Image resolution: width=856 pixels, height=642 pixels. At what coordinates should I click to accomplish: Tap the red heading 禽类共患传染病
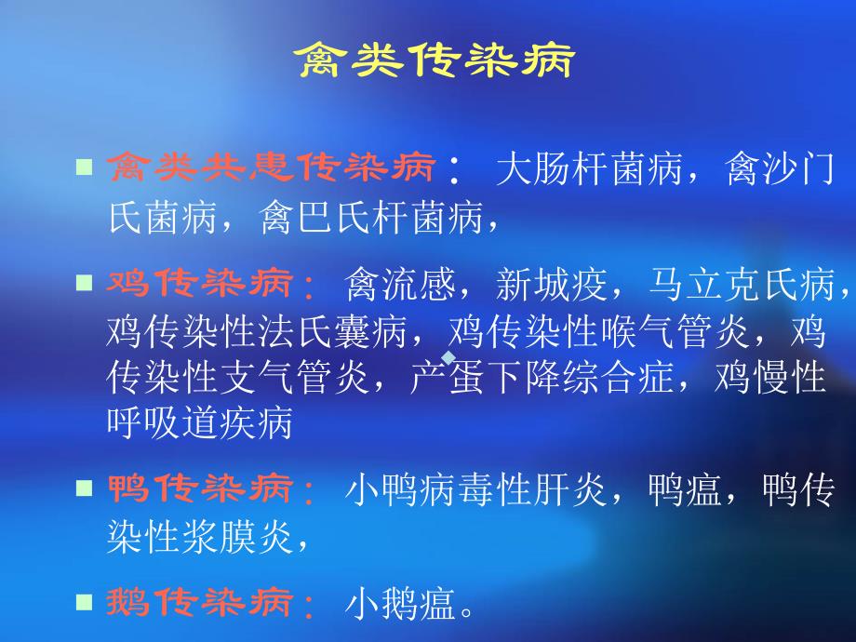pyautogui.click(x=272, y=167)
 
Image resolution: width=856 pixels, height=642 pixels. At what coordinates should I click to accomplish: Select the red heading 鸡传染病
pyautogui.click(x=200, y=283)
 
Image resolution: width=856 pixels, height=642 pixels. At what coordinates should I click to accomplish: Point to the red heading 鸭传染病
pyautogui.click(x=200, y=488)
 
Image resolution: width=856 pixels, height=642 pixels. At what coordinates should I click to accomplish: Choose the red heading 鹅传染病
pyautogui.click(x=200, y=602)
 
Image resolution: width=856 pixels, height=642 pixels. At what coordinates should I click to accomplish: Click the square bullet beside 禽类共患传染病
pyautogui.click(x=84, y=167)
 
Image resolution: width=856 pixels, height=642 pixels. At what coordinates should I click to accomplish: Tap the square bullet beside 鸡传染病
pyautogui.click(x=84, y=283)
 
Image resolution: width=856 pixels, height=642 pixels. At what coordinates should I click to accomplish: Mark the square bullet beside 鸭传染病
pyautogui.click(x=84, y=488)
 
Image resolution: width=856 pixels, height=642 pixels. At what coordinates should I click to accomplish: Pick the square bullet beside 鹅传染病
pyautogui.click(x=84, y=602)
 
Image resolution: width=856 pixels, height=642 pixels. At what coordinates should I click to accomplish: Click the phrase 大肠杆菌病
pyautogui.click(x=590, y=168)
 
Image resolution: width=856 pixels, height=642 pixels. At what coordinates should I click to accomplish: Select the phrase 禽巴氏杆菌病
pyautogui.click(x=371, y=218)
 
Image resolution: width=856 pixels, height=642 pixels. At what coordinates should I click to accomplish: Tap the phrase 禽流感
pyautogui.click(x=400, y=284)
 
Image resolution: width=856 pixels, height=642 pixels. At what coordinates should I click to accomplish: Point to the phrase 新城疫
pyautogui.click(x=552, y=284)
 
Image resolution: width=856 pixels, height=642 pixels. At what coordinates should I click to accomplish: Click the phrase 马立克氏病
pyautogui.click(x=742, y=284)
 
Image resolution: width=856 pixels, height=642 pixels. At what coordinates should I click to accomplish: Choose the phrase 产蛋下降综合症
pyautogui.click(x=542, y=377)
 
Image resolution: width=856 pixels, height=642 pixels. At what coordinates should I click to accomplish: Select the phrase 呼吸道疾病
pyautogui.click(x=200, y=422)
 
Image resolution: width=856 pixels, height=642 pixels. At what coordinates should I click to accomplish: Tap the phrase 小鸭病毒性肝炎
pyautogui.click(x=475, y=489)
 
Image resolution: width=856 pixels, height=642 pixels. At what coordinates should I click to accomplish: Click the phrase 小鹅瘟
pyautogui.click(x=400, y=604)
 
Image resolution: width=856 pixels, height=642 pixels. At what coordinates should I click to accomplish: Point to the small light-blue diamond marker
pyautogui.click(x=448, y=357)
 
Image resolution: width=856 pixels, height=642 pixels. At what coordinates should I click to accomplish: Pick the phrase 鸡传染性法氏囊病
pyautogui.click(x=257, y=331)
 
